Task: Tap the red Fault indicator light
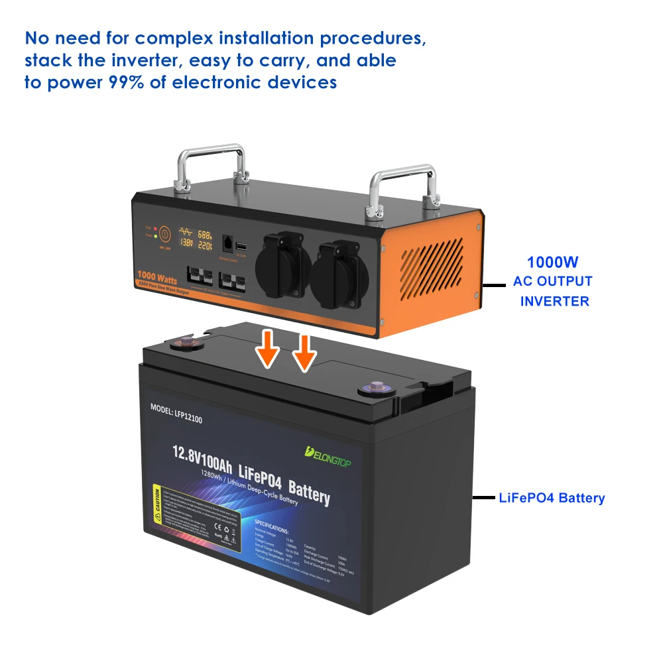(x=154, y=227)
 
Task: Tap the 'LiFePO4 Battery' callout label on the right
(x=552, y=498)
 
